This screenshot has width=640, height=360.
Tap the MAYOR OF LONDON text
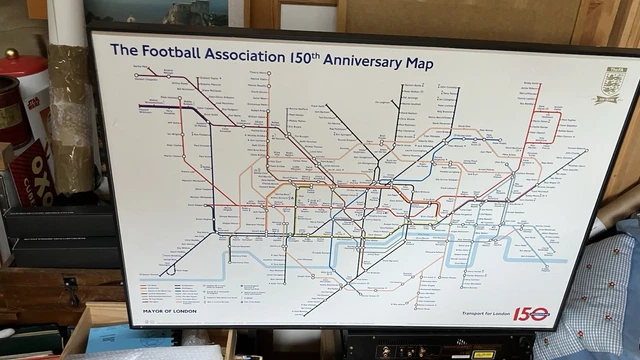pos(172,311)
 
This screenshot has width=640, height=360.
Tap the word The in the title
pos(123,49)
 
